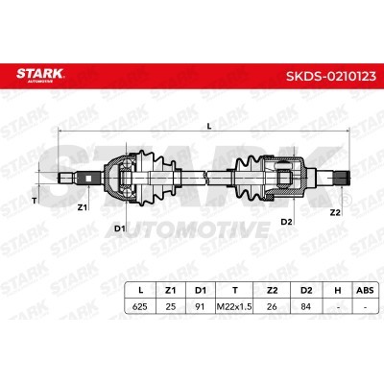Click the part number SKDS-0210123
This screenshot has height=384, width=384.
click(331, 77)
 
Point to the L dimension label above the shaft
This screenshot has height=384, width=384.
click(209, 127)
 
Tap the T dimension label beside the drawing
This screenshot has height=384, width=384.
click(35, 201)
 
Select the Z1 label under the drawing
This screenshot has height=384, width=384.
click(83, 207)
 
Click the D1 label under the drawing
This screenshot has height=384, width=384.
click(120, 228)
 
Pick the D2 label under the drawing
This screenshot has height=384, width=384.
click(286, 222)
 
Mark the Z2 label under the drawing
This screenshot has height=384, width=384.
click(335, 212)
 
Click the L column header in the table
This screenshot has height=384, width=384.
click(140, 290)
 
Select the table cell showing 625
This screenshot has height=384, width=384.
click(140, 306)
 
